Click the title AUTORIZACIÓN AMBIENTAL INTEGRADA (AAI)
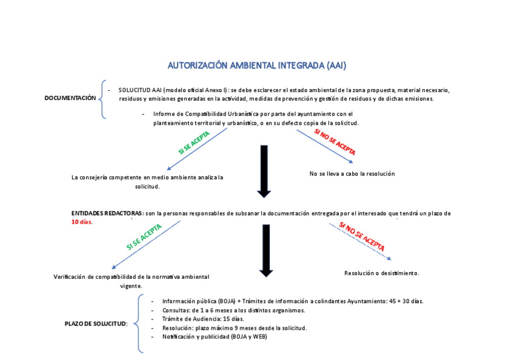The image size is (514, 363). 256,65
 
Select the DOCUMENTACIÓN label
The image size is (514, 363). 70,98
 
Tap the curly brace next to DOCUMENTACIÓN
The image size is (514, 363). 102,99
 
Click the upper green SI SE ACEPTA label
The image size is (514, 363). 194,142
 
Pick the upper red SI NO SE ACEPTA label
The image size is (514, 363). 335,142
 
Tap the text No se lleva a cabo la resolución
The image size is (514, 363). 352,174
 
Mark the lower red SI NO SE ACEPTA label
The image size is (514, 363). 361,237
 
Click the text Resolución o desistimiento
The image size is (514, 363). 381,273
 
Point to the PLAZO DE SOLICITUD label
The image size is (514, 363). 96,324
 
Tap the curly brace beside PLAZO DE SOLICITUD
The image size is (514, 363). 139,323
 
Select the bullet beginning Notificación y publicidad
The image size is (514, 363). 214,336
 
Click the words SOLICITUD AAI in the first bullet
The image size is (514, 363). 139,90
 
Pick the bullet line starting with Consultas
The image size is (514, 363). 233,310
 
